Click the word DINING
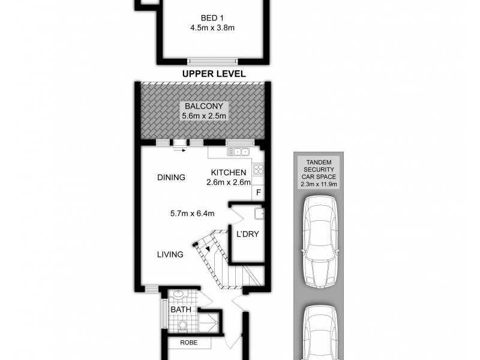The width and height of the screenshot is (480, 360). tap(171, 178)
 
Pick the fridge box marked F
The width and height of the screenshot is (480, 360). tap(259, 193)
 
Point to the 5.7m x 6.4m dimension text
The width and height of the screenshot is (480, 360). tap(191, 212)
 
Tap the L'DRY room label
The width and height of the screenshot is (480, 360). tap(247, 234)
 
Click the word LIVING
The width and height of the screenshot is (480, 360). tap(170, 254)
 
